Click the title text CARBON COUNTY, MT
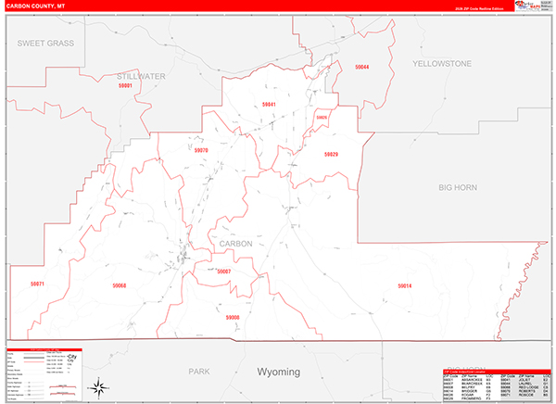click(x=34, y=6)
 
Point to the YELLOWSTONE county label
click(x=442, y=63)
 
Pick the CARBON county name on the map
click(x=236, y=244)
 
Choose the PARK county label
click(x=198, y=371)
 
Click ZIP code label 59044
click(x=361, y=68)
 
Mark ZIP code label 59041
click(x=270, y=104)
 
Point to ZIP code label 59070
click(x=201, y=149)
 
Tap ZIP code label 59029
click(x=331, y=154)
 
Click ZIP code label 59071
click(x=37, y=284)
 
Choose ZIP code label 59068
click(x=119, y=285)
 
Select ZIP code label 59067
click(x=223, y=271)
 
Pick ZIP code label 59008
click(x=233, y=317)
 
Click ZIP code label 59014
click(x=404, y=285)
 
